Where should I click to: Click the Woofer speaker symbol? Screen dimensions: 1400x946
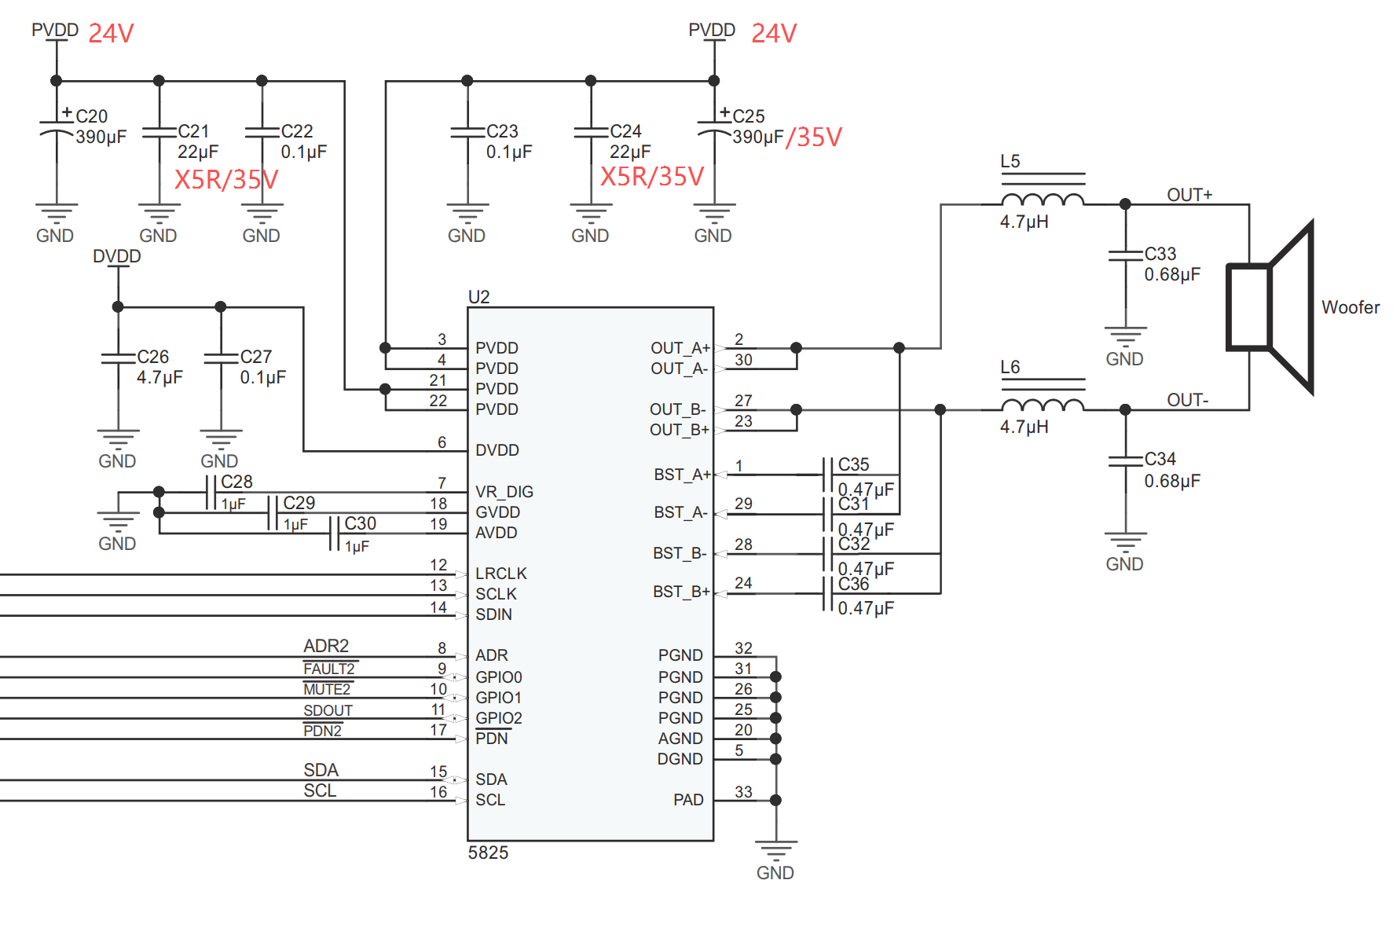pos(1270,307)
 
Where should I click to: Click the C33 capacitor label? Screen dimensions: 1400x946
pos(1160,254)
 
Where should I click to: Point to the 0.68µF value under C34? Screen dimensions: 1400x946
pos(1172,481)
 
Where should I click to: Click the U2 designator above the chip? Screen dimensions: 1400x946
pos(478,297)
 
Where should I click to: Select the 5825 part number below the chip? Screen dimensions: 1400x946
pos(488,852)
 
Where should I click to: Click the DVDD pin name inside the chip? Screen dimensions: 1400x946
pos(497,450)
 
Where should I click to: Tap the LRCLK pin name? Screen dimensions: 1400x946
pos(500,574)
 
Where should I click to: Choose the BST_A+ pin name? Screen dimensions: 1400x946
pos(682,475)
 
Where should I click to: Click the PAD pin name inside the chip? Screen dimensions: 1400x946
pos(688,800)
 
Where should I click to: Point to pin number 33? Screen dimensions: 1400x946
pos(743,792)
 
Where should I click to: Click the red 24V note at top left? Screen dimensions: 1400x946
pos(111,33)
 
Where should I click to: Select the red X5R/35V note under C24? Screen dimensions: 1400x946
pos(652,176)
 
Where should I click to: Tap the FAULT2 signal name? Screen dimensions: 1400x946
pos(329,669)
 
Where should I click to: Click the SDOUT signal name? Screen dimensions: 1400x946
pos(328,710)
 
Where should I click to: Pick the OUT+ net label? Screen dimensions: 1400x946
pos(1189,195)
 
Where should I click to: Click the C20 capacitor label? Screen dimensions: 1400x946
pos(91,116)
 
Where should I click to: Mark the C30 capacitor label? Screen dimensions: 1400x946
pos(361,523)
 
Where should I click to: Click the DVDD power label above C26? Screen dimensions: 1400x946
pos(117,256)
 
